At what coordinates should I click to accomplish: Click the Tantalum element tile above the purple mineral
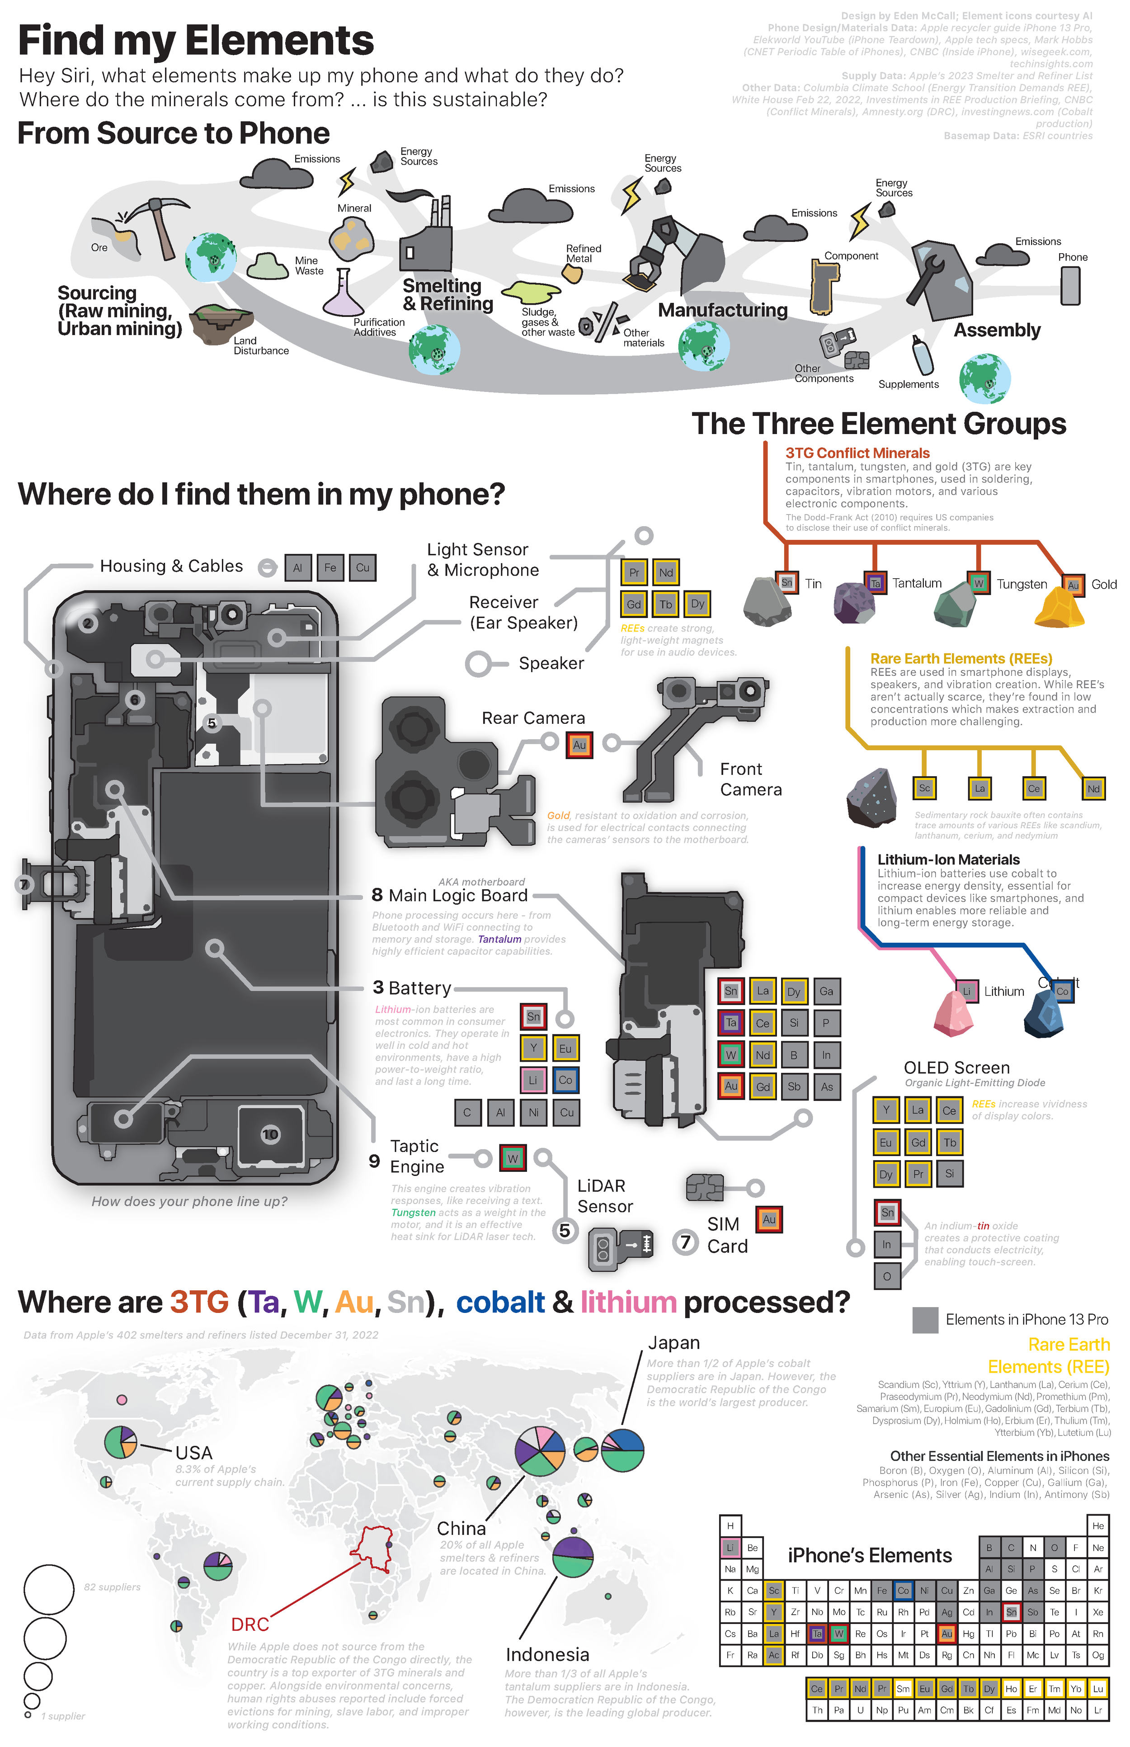(875, 584)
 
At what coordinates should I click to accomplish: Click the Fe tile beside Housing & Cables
(330, 567)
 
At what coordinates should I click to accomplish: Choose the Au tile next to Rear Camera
(579, 745)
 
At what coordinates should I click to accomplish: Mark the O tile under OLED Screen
(886, 1276)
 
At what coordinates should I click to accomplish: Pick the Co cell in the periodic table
(903, 1591)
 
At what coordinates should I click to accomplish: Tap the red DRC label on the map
(250, 1624)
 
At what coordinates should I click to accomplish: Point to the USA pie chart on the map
(120, 1442)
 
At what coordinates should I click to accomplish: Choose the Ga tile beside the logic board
(826, 991)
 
